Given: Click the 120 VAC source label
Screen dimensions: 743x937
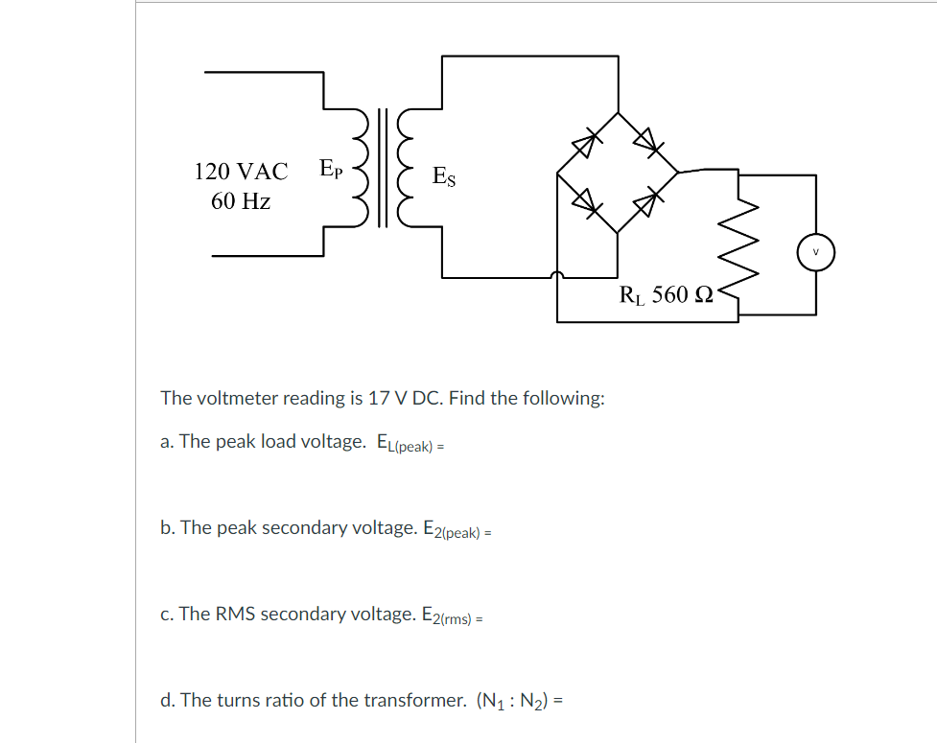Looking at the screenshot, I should tap(241, 172).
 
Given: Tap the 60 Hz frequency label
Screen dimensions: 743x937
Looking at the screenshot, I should tap(241, 201).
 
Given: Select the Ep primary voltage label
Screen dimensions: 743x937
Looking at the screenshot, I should tap(328, 170).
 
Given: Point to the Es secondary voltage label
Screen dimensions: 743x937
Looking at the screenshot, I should tap(444, 176).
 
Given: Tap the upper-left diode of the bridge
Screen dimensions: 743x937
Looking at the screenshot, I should tap(585, 142).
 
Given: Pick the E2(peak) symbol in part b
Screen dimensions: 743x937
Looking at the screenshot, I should tap(451, 529).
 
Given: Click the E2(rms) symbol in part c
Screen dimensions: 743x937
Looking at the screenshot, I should tap(446, 615).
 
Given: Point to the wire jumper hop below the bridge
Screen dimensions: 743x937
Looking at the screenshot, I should tap(557, 276).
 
